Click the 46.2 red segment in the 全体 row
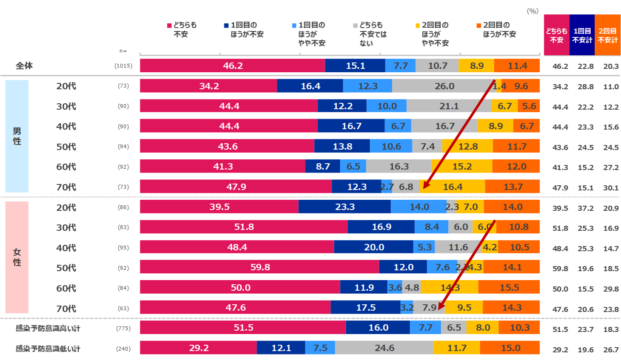(232, 66)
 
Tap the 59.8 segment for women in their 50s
(259, 267)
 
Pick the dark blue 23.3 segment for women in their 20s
(345, 207)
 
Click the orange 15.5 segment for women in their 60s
(509, 288)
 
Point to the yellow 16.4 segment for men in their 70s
(452, 187)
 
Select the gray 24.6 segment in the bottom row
(384, 348)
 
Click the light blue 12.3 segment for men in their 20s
(367, 86)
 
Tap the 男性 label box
(17, 136)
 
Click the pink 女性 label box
(17, 257)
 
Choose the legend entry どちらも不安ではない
(370, 34)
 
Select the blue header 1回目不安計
(582, 35)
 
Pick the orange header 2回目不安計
(607, 35)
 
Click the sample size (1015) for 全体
(123, 66)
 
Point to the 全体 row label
(24, 66)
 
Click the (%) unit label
(533, 11)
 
